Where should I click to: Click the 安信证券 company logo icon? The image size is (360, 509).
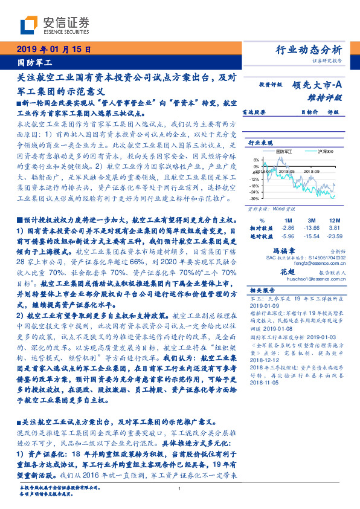tap(30, 25)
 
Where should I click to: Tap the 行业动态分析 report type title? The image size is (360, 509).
tap(309, 50)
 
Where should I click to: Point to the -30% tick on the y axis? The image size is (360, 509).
tap(254, 198)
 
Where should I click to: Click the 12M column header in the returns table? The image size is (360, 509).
tap(335, 221)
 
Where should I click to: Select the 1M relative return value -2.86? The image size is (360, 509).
tap(288, 228)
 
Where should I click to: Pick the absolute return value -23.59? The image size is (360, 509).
tap(335, 236)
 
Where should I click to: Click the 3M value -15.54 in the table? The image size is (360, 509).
tap(312, 236)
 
